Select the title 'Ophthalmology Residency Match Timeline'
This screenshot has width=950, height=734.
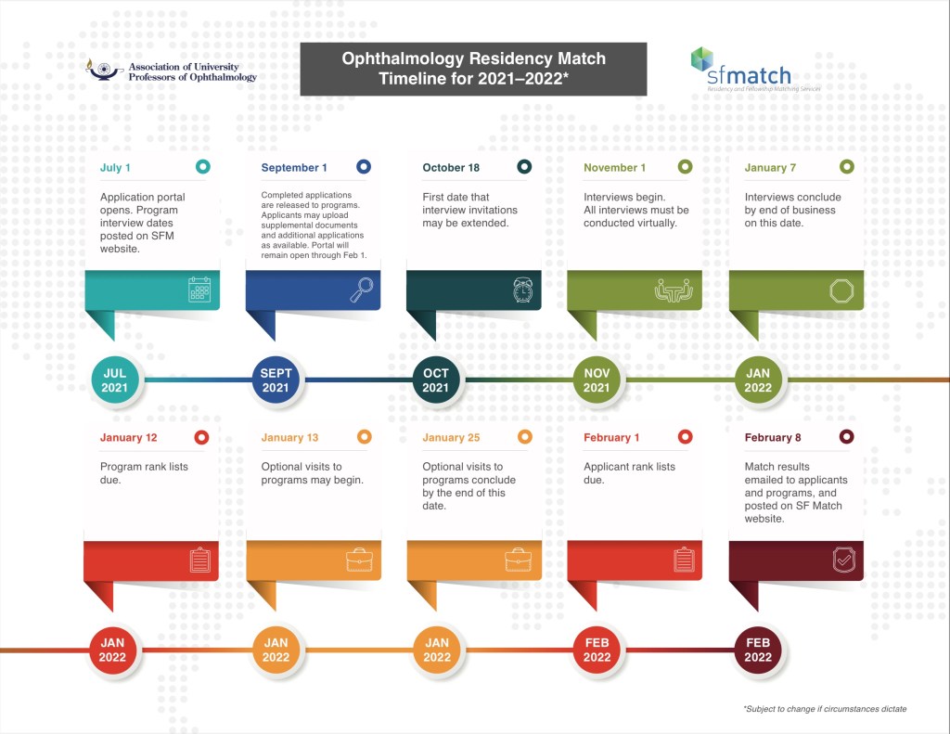tap(473, 70)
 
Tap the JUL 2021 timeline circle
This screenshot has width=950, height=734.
tap(115, 380)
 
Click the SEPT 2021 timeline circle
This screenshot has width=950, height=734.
tap(276, 380)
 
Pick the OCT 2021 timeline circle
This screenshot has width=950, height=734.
tap(436, 380)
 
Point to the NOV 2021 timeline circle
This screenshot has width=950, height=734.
tap(597, 380)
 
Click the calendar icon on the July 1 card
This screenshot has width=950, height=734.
tap(199, 290)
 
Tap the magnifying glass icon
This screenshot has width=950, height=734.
tap(361, 290)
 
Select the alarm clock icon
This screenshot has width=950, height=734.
tap(522, 290)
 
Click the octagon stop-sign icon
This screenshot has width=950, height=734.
tap(841, 290)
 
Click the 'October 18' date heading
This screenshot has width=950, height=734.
tap(451, 168)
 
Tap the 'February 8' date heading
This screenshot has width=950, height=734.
tap(773, 437)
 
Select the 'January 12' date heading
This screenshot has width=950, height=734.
tap(128, 437)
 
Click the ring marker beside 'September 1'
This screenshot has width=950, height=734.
tap(364, 167)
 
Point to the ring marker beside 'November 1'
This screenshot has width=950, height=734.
tap(685, 167)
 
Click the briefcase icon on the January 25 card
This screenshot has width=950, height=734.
tap(518, 560)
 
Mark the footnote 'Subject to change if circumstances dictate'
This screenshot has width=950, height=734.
tap(824, 709)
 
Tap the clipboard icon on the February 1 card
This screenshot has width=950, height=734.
tap(684, 560)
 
